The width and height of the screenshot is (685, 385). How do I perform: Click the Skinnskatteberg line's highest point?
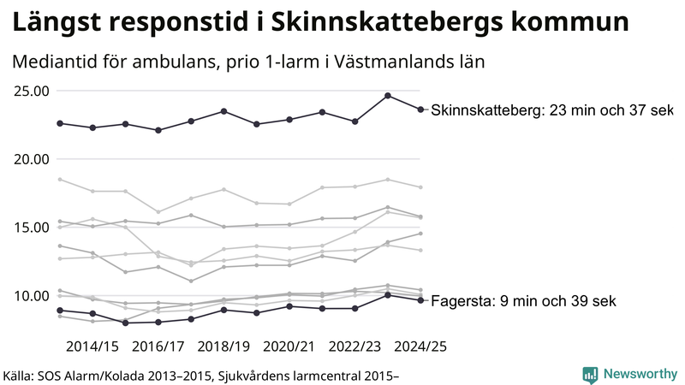(387, 96)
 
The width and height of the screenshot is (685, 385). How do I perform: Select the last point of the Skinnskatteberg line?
(420, 110)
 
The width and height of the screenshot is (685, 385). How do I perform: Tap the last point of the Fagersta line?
(420, 300)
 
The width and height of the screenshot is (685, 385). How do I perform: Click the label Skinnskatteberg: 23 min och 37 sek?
(552, 110)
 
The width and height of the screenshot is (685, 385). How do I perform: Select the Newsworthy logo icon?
(590, 374)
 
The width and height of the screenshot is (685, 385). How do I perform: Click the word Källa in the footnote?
(23, 375)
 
